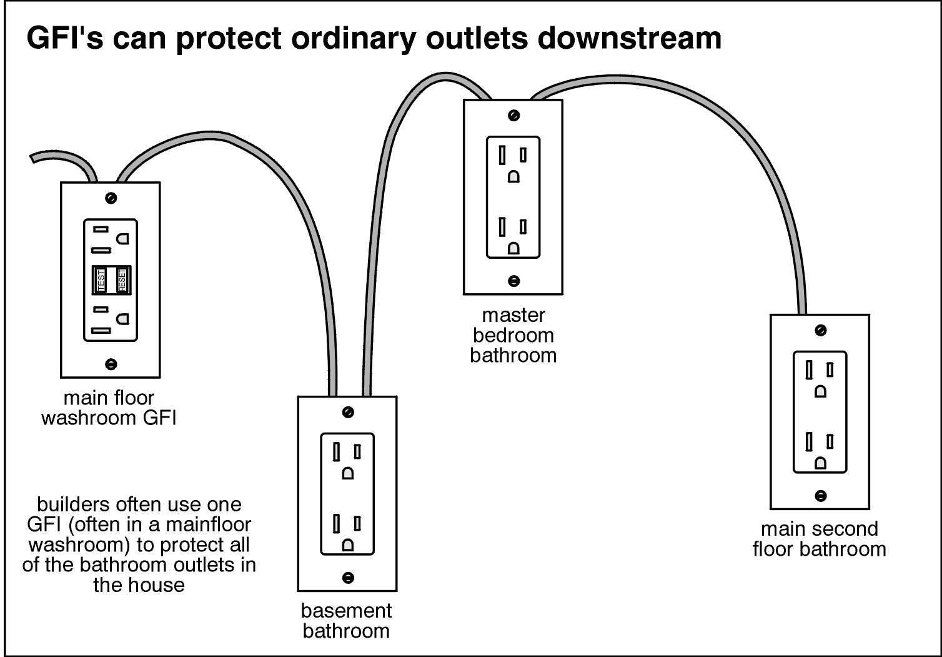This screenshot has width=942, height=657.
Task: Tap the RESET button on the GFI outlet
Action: tap(121, 280)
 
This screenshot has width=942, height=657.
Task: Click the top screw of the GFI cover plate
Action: tap(111, 198)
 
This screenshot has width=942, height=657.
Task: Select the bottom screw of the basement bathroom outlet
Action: tap(348, 577)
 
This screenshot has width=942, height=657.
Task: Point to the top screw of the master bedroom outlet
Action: tap(513, 116)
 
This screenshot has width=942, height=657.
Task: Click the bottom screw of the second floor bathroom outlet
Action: tap(820, 496)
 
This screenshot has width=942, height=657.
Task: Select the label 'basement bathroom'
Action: tap(347, 620)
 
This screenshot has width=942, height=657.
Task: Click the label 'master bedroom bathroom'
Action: tap(513, 335)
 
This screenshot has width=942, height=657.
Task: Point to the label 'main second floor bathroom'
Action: tap(819, 539)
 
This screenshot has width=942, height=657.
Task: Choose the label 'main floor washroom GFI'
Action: tap(109, 408)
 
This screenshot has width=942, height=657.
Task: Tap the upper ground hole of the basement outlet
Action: tap(348, 473)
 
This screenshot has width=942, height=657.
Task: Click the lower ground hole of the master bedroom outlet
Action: tap(513, 248)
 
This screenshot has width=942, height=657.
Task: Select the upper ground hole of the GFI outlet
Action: tap(124, 238)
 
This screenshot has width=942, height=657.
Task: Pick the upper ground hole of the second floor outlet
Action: tap(820, 391)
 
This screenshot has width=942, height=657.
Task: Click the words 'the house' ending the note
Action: tap(139, 585)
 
